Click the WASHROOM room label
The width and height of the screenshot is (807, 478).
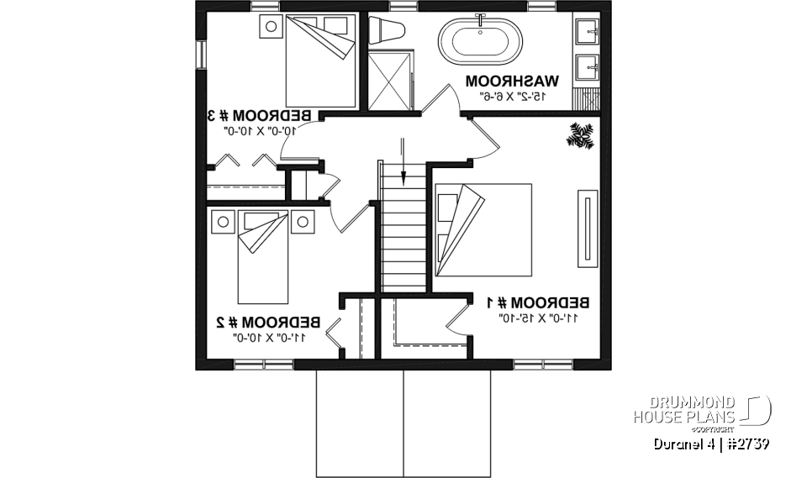point(512,81)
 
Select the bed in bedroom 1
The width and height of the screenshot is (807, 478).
point(483,228)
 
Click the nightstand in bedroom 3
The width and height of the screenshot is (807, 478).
point(272,25)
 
